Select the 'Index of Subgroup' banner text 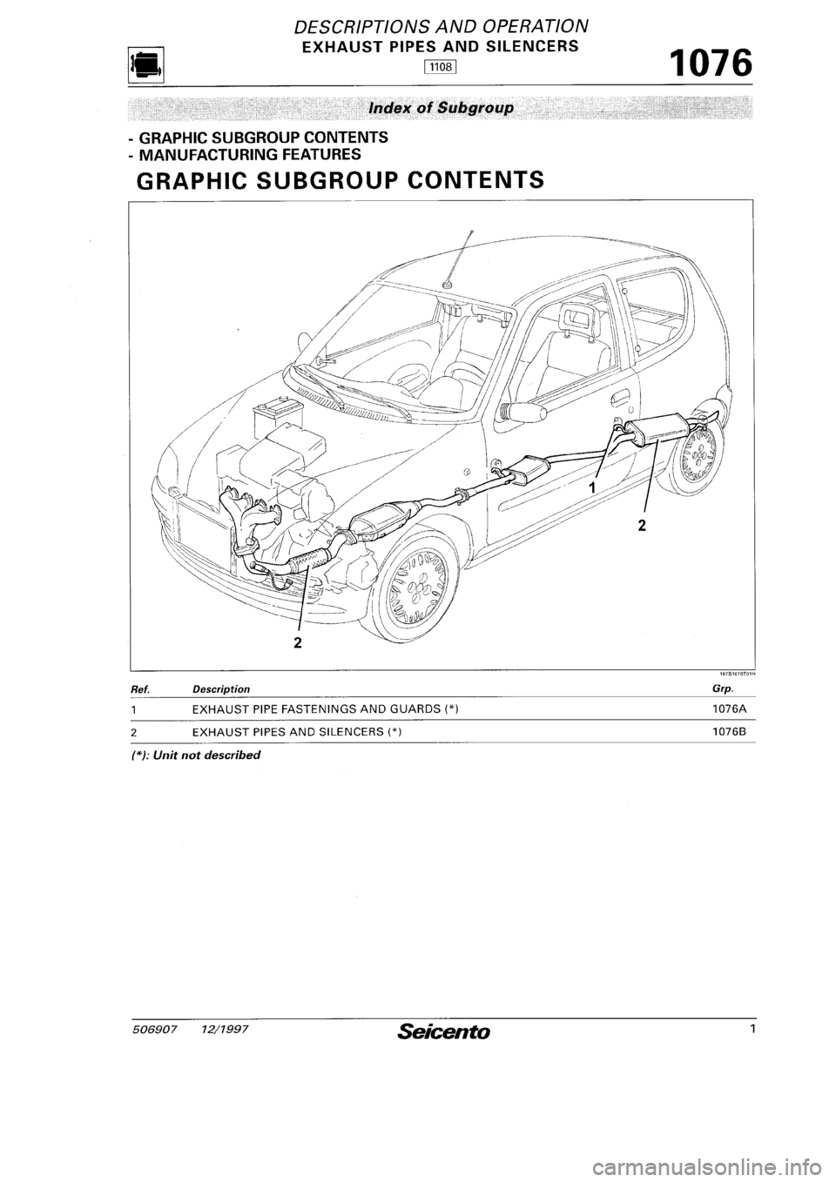pos(442,108)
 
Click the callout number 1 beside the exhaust pos(592,488)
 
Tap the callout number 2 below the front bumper pos(299,642)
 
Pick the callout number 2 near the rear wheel pos(642,525)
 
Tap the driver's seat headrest pos(576,314)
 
